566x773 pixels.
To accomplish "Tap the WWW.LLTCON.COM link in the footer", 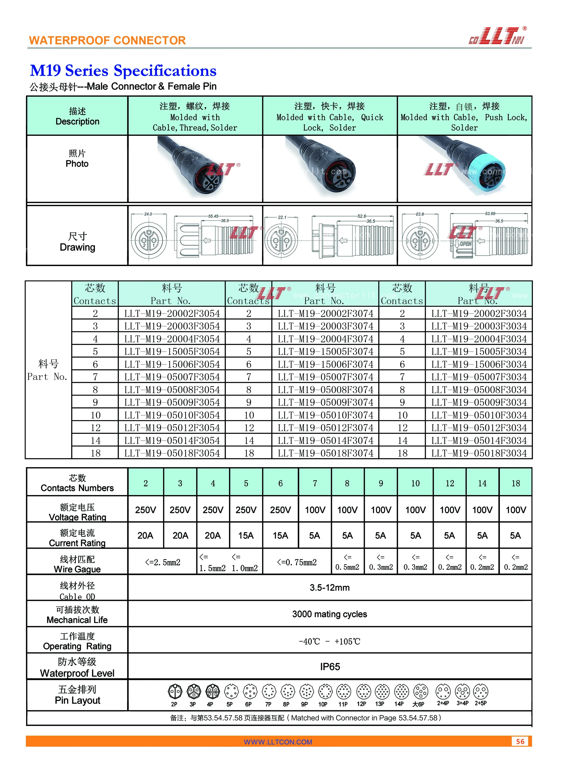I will [x=278, y=742].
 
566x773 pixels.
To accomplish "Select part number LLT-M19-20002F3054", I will [x=172, y=314].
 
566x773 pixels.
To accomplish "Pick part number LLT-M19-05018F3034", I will [x=479, y=453].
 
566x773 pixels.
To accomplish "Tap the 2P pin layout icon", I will [x=175, y=692].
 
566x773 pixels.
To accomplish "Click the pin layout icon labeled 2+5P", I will [x=481, y=692].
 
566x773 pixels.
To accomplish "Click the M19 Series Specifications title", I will [x=123, y=71].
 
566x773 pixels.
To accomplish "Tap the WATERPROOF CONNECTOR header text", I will [x=107, y=40].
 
